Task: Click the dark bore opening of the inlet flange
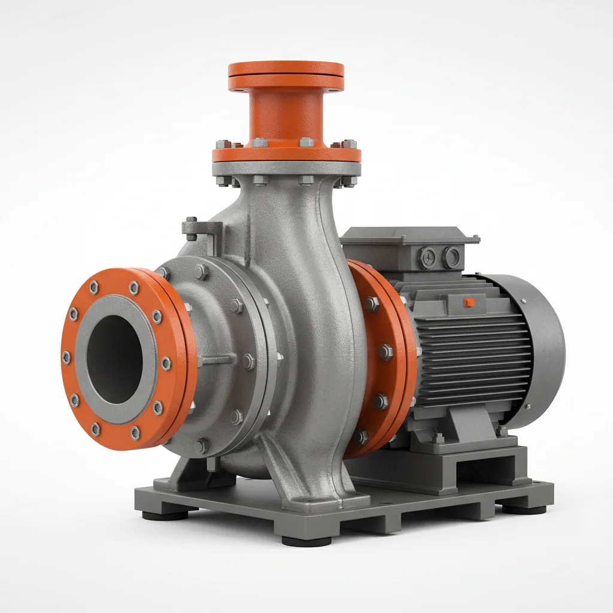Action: point(115,359)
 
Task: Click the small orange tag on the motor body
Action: point(469,302)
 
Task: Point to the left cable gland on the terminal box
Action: point(428,257)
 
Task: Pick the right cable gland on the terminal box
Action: point(452,258)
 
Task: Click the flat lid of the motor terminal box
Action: point(410,236)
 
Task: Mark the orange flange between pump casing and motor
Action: point(383,359)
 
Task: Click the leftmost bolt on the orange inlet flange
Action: point(66,357)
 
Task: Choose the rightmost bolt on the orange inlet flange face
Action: point(166,363)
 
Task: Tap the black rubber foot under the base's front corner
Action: point(306,541)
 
